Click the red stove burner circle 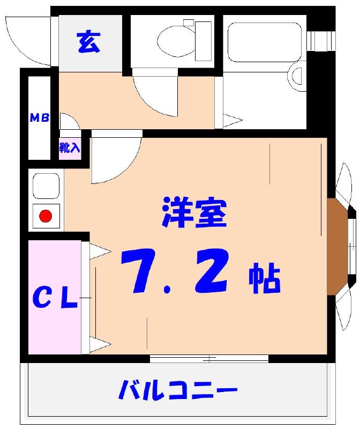point(46,217)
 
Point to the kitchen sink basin point(46,186)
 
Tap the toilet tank point(204,40)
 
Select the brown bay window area point(337,248)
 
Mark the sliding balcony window point(209,358)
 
